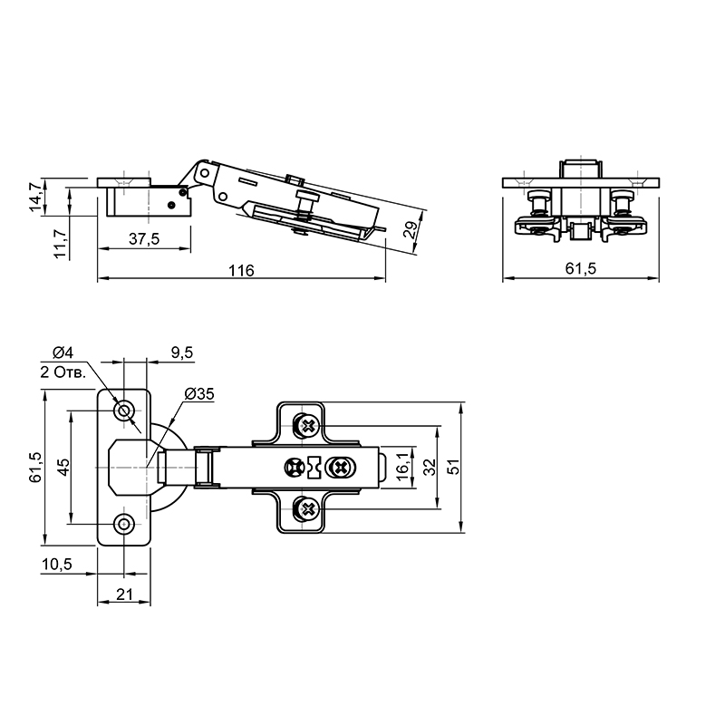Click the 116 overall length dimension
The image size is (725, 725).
pos(241,270)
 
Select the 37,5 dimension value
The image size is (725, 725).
pos(144,239)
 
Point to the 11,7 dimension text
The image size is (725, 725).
pos(61,244)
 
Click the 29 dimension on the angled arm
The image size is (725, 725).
pos(411,229)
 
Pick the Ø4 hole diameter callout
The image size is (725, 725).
pos(63,353)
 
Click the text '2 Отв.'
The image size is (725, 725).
pos(63,372)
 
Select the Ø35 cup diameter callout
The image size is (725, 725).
pos(199,394)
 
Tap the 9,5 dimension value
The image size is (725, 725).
pos(182,353)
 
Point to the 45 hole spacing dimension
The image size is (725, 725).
pos(63,467)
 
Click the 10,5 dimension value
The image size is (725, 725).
pos(57,564)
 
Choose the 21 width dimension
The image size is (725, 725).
pos(124,594)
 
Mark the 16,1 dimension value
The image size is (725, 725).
pos(402,467)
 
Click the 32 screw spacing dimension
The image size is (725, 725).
pos(430,467)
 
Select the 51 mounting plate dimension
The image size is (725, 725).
pos(454,467)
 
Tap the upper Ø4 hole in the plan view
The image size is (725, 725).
pos(124,411)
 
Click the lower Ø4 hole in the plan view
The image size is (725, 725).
pos(124,524)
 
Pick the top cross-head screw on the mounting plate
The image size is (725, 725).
pos(306,425)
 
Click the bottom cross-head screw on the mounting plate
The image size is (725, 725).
pos(306,509)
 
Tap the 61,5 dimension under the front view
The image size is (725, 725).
pos(581,268)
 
